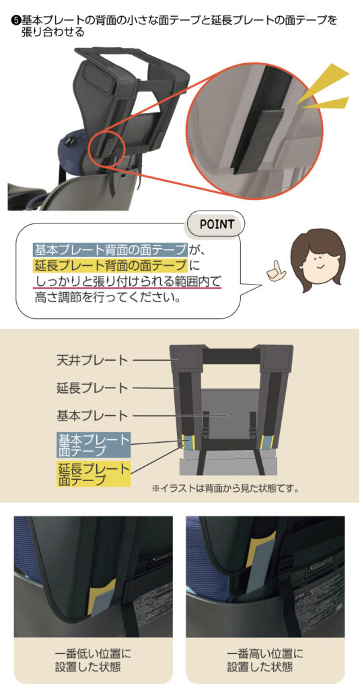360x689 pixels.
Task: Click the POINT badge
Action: pyautogui.click(x=216, y=225)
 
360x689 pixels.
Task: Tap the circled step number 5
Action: pyautogui.click(x=16, y=20)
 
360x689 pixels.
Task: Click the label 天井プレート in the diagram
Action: pyautogui.click(x=92, y=361)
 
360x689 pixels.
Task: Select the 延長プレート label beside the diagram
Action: pyautogui.click(x=92, y=388)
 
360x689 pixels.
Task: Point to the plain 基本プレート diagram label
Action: pyautogui.click(x=92, y=414)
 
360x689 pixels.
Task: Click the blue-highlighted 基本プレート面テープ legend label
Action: pyautogui.click(x=94, y=444)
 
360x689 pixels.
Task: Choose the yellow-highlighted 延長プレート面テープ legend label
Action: pyautogui.click(x=94, y=474)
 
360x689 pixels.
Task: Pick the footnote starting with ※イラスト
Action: pyautogui.click(x=225, y=488)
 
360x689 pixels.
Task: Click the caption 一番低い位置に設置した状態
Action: pyautogui.click(x=94, y=660)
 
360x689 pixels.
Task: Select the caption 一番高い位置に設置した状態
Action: pyautogui.click(x=266, y=660)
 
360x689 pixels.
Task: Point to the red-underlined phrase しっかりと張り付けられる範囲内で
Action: pyautogui.click(x=128, y=282)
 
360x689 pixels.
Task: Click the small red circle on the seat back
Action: pyautogui.click(x=106, y=147)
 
